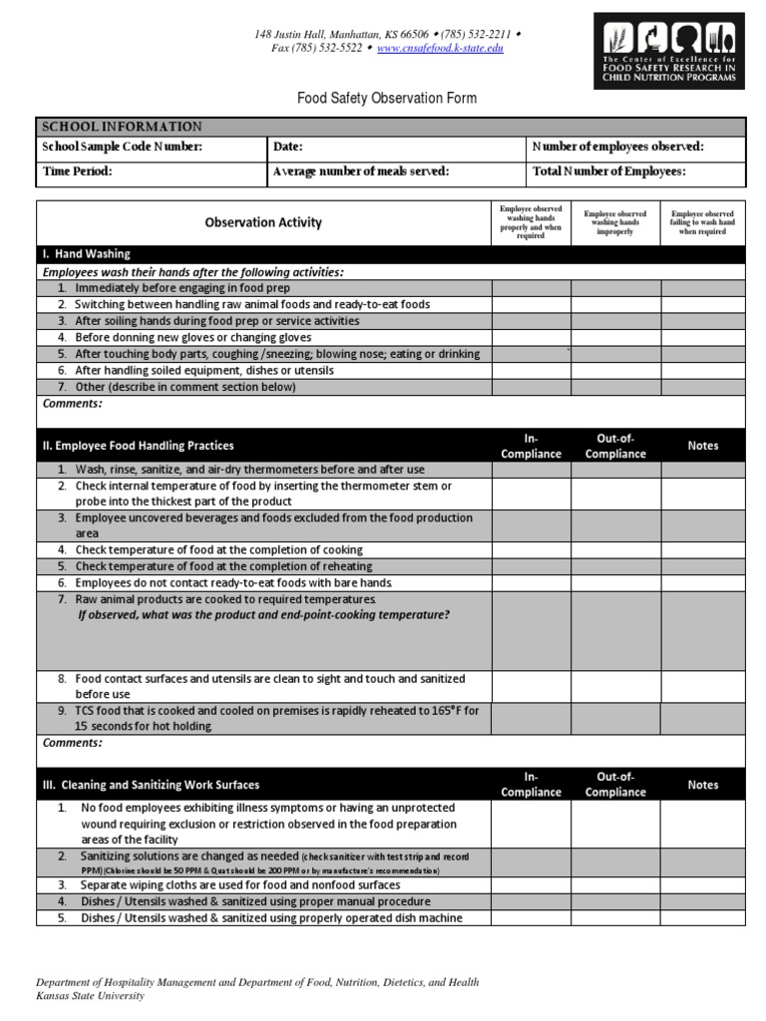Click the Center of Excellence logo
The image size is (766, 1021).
click(x=669, y=51)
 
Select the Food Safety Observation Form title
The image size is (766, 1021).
click(x=387, y=98)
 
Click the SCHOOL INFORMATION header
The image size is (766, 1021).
click(x=122, y=127)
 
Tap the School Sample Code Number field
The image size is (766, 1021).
click(x=123, y=147)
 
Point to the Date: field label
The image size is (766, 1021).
click(x=288, y=147)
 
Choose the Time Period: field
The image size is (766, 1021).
click(x=78, y=171)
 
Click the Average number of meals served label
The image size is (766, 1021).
click(x=361, y=171)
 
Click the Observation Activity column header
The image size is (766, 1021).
click(x=263, y=222)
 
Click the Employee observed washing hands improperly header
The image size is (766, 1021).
click(x=614, y=222)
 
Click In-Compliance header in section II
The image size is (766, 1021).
click(x=531, y=446)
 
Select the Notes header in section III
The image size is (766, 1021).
click(x=702, y=785)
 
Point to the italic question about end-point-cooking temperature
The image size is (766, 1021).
click(x=263, y=615)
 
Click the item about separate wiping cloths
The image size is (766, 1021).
click(x=239, y=884)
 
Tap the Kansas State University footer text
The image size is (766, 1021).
click(x=90, y=995)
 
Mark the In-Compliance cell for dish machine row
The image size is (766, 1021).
click(x=531, y=918)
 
